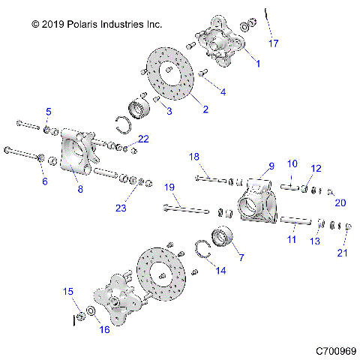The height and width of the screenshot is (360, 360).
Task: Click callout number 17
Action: tap(274, 43)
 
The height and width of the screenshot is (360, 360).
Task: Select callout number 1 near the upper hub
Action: tap(258, 64)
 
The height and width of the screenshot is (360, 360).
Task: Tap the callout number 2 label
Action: tap(205, 108)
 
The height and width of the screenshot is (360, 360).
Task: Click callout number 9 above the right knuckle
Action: tap(271, 166)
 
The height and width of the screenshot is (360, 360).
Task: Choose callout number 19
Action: tap(169, 187)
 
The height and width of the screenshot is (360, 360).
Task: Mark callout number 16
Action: tap(103, 328)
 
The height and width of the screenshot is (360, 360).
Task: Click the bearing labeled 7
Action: tap(224, 236)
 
